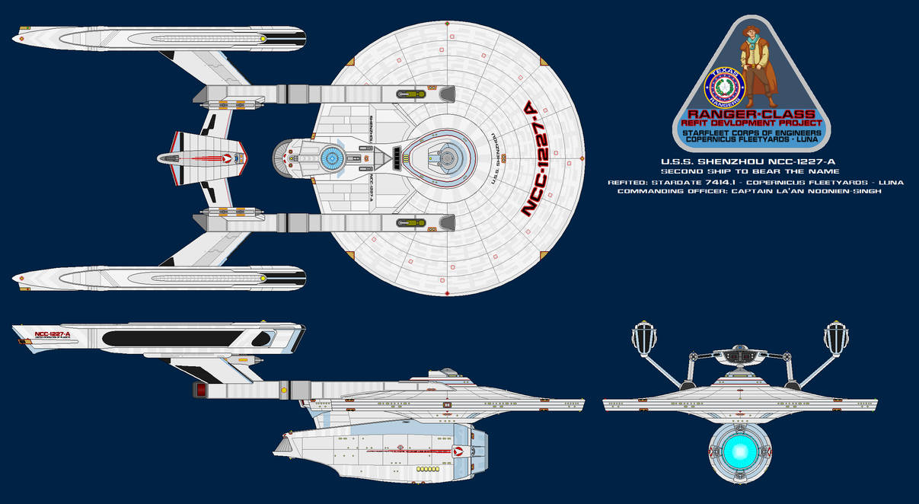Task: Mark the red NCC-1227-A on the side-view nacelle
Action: click(52, 334)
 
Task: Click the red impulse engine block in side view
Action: click(201, 390)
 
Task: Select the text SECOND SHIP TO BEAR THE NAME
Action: click(751, 172)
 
